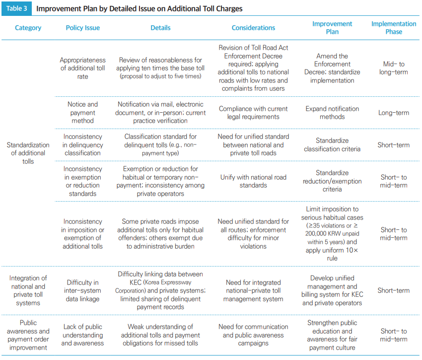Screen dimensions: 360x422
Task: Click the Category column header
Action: [x=28, y=28]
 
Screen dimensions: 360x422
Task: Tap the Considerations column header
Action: [x=253, y=28]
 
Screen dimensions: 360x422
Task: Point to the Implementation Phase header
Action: [x=394, y=27]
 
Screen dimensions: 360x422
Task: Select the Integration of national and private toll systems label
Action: [x=28, y=290]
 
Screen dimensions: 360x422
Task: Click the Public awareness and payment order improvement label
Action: [x=28, y=335]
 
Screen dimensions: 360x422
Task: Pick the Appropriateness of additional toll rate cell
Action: [x=82, y=69]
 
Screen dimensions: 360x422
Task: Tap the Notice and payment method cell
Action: [x=82, y=112]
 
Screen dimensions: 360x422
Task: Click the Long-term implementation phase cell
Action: [x=394, y=113]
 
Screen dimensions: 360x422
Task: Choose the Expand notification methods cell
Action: [x=332, y=112]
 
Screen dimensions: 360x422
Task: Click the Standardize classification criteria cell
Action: [x=332, y=144]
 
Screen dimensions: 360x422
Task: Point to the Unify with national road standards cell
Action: [x=253, y=181]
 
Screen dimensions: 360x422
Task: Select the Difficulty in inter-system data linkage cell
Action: [x=82, y=290]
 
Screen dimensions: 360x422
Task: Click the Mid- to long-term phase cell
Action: [x=394, y=68]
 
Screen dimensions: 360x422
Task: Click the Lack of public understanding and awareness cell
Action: [x=82, y=335]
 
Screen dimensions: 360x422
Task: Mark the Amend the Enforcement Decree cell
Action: [x=332, y=68]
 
